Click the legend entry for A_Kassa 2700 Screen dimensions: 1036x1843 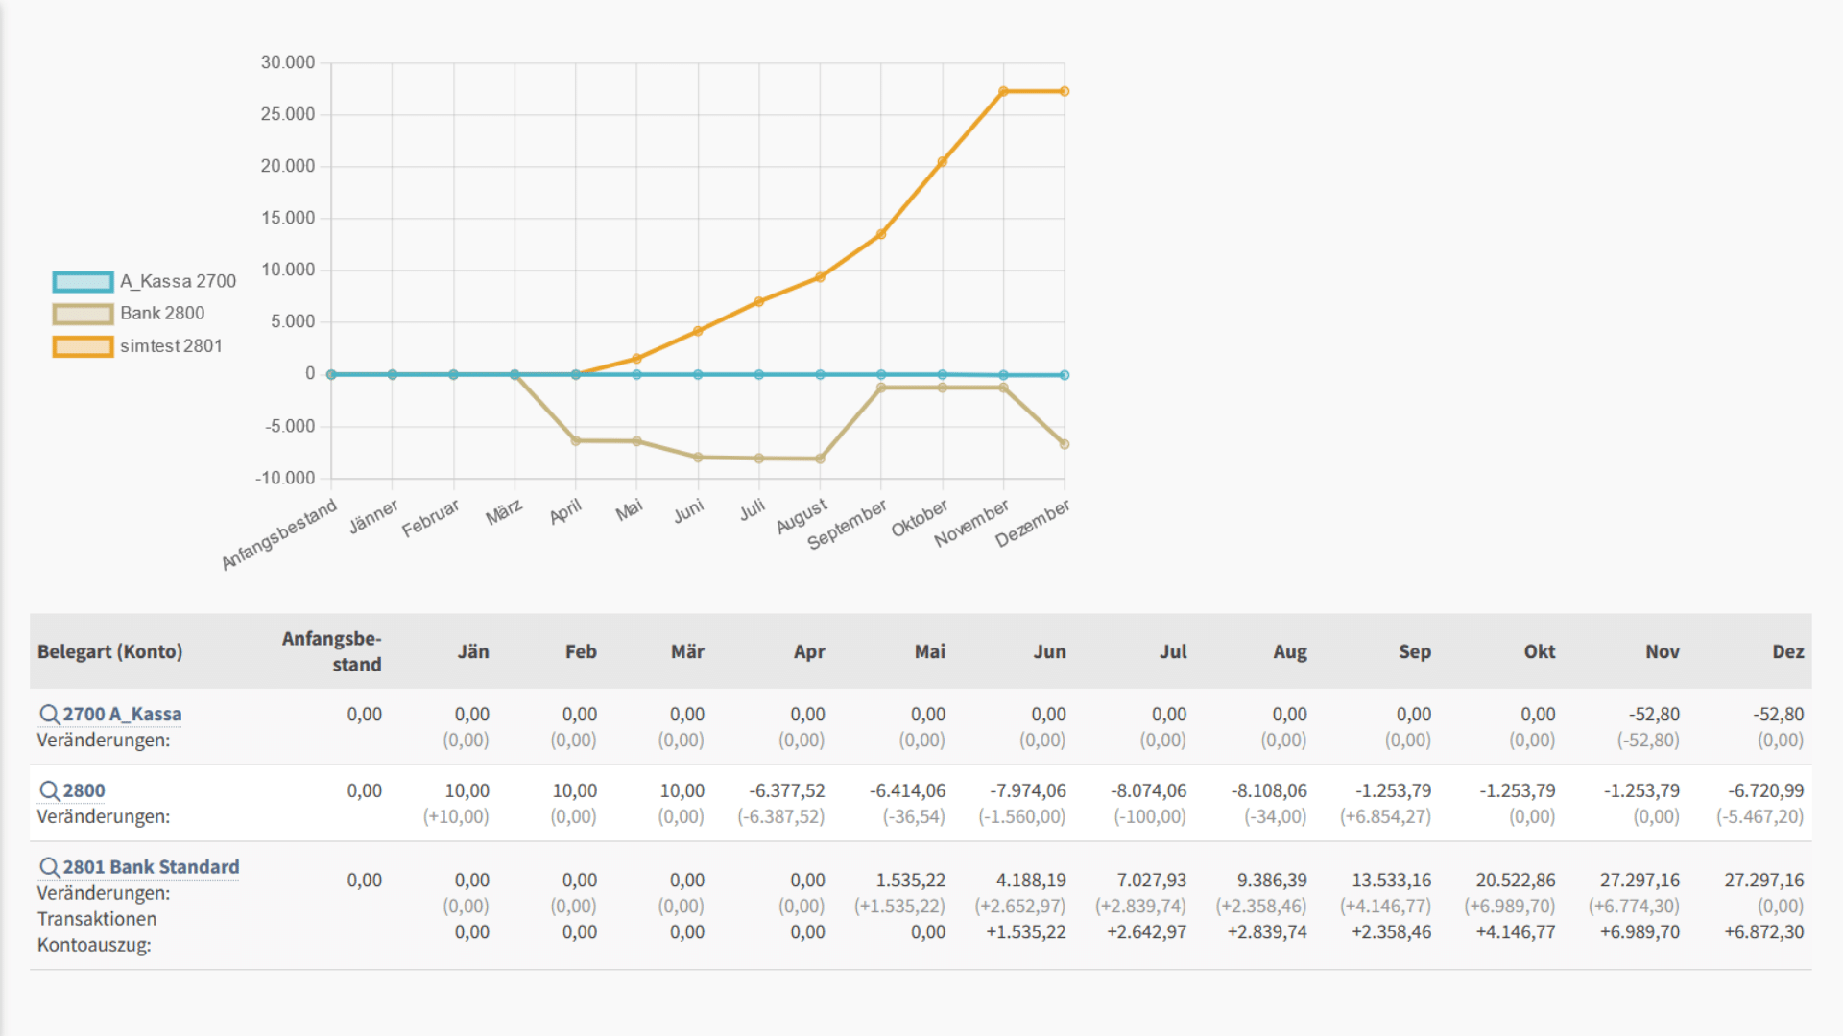click(x=144, y=281)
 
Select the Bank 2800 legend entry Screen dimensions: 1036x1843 click(x=129, y=314)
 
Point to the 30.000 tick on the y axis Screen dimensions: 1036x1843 click(x=288, y=62)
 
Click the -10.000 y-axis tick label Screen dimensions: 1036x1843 click(x=285, y=478)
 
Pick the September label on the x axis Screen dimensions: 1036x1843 click(x=847, y=525)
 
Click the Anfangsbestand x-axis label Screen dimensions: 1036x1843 click(x=279, y=534)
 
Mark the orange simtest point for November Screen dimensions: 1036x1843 click(x=1003, y=92)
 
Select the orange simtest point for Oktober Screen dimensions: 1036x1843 click(x=943, y=162)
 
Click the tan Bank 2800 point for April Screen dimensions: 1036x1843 click(x=576, y=441)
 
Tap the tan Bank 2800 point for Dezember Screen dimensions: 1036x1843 click(x=1065, y=444)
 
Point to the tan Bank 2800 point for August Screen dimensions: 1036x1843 click(x=820, y=459)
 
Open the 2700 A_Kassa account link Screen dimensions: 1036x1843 click(x=122, y=715)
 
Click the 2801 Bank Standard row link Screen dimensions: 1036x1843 click(x=151, y=867)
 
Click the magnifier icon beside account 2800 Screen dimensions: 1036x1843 click(x=49, y=791)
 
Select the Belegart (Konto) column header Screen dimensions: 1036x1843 click(x=109, y=651)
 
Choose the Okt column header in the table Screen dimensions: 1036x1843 click(x=1539, y=651)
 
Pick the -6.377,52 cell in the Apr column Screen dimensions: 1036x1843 click(x=786, y=791)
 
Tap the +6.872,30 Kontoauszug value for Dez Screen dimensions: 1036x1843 click(x=1763, y=932)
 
